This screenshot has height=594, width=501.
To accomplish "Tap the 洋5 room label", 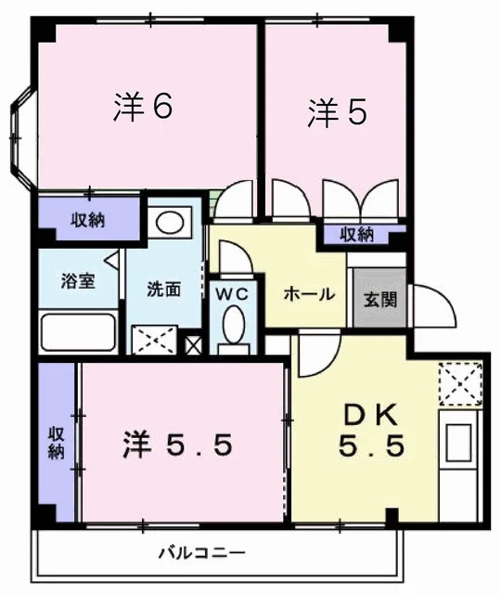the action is pyautogui.click(x=337, y=111).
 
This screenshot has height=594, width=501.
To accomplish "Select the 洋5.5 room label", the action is pyautogui.click(x=177, y=445).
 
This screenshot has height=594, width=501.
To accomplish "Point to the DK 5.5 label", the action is pyautogui.click(x=371, y=431).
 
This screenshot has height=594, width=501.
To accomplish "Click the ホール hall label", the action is pyautogui.click(x=309, y=294).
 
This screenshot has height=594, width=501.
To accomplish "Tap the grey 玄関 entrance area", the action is pyautogui.click(x=379, y=298).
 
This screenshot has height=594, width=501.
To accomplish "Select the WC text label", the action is pyautogui.click(x=232, y=293).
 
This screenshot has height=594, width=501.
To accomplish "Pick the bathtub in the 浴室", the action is pyautogui.click(x=78, y=332).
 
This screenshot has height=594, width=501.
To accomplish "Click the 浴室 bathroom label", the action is pyautogui.click(x=78, y=280).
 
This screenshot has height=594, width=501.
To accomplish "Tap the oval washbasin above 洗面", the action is pyautogui.click(x=170, y=223).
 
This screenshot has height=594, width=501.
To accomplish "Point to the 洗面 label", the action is pyautogui.click(x=164, y=290).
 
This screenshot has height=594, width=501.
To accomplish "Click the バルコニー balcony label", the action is pyautogui.click(x=202, y=553).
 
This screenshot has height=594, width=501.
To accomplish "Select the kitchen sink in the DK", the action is pyautogui.click(x=458, y=442).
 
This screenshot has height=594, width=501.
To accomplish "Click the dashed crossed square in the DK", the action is pyautogui.click(x=460, y=383).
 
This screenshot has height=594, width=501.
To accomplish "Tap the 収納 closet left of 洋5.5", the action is pyautogui.click(x=57, y=442).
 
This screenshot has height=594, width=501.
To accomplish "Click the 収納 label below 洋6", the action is pyautogui.click(x=88, y=220).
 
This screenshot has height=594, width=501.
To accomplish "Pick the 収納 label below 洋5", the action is pyautogui.click(x=356, y=235).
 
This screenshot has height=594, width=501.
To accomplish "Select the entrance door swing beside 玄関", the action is pyautogui.click(x=435, y=306).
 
